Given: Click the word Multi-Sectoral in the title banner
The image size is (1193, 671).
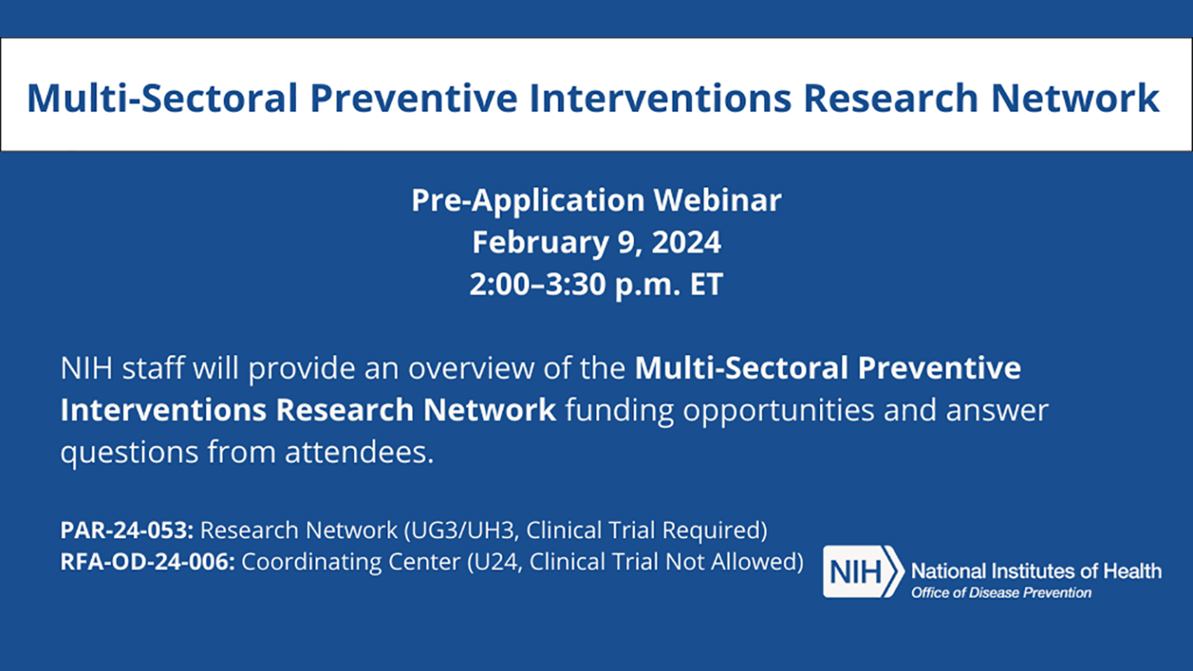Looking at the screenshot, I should (162, 98).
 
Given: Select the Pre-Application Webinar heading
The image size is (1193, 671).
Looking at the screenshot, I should (596, 200).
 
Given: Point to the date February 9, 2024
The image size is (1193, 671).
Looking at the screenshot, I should (596, 242).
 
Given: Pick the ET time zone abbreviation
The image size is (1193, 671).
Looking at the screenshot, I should (706, 284).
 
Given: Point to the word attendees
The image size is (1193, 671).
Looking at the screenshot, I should (359, 452).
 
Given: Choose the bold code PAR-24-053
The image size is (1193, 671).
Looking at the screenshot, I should (127, 530).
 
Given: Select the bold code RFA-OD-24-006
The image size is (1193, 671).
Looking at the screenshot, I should (148, 561).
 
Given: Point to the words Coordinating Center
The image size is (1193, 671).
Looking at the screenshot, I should (350, 561).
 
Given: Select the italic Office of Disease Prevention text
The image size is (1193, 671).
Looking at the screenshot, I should (1001, 593).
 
